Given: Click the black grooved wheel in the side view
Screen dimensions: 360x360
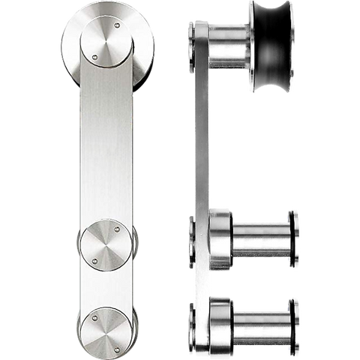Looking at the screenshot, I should tap(271, 46).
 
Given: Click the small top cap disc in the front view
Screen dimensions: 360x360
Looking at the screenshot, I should tap(105, 42).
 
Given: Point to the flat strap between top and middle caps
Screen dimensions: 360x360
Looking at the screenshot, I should tap(105, 142).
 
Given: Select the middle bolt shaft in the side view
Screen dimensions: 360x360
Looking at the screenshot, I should tap(259, 238).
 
